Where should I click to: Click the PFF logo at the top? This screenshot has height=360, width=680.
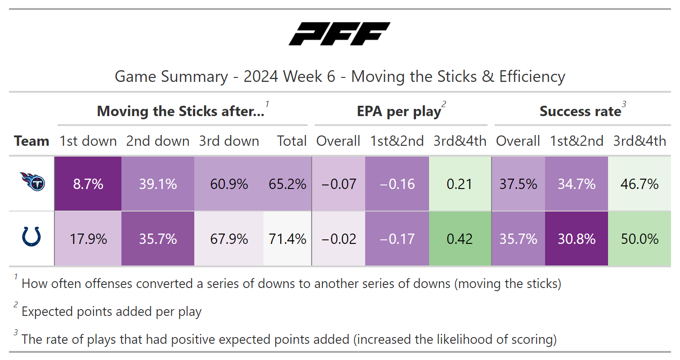340,34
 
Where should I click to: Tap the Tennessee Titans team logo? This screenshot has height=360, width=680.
32,181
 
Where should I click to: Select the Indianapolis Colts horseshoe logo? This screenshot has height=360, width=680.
31,236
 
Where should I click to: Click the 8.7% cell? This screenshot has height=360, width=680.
88,184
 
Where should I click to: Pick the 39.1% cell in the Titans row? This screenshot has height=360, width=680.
158,184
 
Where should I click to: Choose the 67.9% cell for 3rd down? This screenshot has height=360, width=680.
229,239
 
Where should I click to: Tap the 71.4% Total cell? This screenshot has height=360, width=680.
287,239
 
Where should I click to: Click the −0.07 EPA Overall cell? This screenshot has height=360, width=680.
339,184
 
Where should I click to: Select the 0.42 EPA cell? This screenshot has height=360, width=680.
460,239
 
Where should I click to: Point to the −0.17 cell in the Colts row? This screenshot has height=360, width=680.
397,239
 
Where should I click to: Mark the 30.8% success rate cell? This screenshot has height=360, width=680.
577,239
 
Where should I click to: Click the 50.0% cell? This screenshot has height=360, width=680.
640,239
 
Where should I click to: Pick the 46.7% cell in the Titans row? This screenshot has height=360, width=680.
640,184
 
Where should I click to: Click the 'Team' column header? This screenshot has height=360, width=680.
31,141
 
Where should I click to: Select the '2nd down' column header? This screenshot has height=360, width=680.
158,141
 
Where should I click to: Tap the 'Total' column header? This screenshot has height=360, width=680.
292,141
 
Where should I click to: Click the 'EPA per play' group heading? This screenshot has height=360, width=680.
399,112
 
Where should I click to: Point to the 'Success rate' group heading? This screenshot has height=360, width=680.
581,111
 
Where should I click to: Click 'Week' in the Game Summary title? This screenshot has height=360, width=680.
302,76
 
